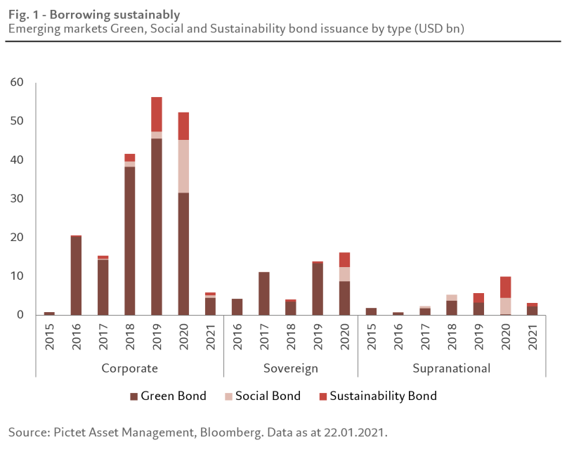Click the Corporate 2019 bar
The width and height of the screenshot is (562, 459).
click(x=157, y=211)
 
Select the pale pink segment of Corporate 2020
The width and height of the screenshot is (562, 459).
click(x=183, y=166)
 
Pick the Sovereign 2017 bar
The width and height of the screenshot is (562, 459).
click(x=264, y=293)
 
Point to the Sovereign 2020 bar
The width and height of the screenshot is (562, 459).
click(x=344, y=284)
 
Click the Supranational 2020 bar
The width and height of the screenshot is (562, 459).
click(x=506, y=296)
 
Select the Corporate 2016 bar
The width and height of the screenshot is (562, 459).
click(x=76, y=275)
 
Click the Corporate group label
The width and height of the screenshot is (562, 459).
click(x=129, y=368)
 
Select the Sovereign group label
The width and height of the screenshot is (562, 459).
click(x=291, y=368)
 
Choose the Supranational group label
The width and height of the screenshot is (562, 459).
click(x=451, y=368)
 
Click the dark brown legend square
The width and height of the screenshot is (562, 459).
click(x=134, y=396)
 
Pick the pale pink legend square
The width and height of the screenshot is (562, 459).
click(x=228, y=396)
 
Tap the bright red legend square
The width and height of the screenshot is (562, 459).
click(x=322, y=396)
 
